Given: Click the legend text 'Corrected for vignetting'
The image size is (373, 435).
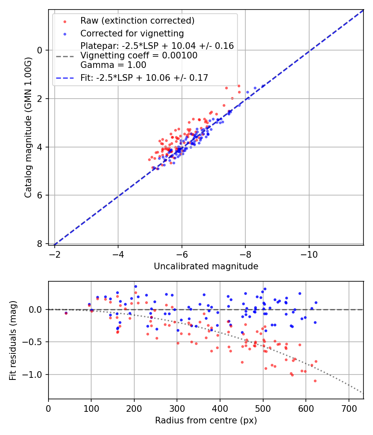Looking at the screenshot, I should [132, 33].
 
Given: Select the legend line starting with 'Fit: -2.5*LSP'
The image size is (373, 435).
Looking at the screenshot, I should [144, 77].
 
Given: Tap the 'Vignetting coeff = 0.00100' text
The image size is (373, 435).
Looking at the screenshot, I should [139, 56].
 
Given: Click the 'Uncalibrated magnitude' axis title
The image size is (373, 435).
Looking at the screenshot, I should [206, 266].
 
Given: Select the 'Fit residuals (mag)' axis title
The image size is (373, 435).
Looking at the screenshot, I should [13, 340].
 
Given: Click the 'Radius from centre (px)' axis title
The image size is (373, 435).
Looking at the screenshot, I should [206, 420].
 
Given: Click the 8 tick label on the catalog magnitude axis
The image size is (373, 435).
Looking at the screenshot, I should [40, 244].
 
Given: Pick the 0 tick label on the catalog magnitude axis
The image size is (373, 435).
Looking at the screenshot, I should [40, 50].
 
